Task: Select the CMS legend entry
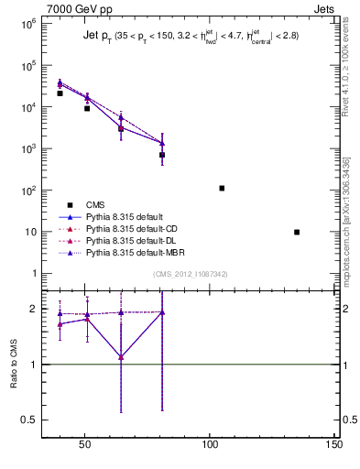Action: click(x=95, y=205)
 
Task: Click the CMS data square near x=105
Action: click(x=222, y=188)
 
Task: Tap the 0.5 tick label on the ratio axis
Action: click(x=29, y=420)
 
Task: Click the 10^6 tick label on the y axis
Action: click(x=27, y=24)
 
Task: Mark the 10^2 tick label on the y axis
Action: click(x=27, y=191)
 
